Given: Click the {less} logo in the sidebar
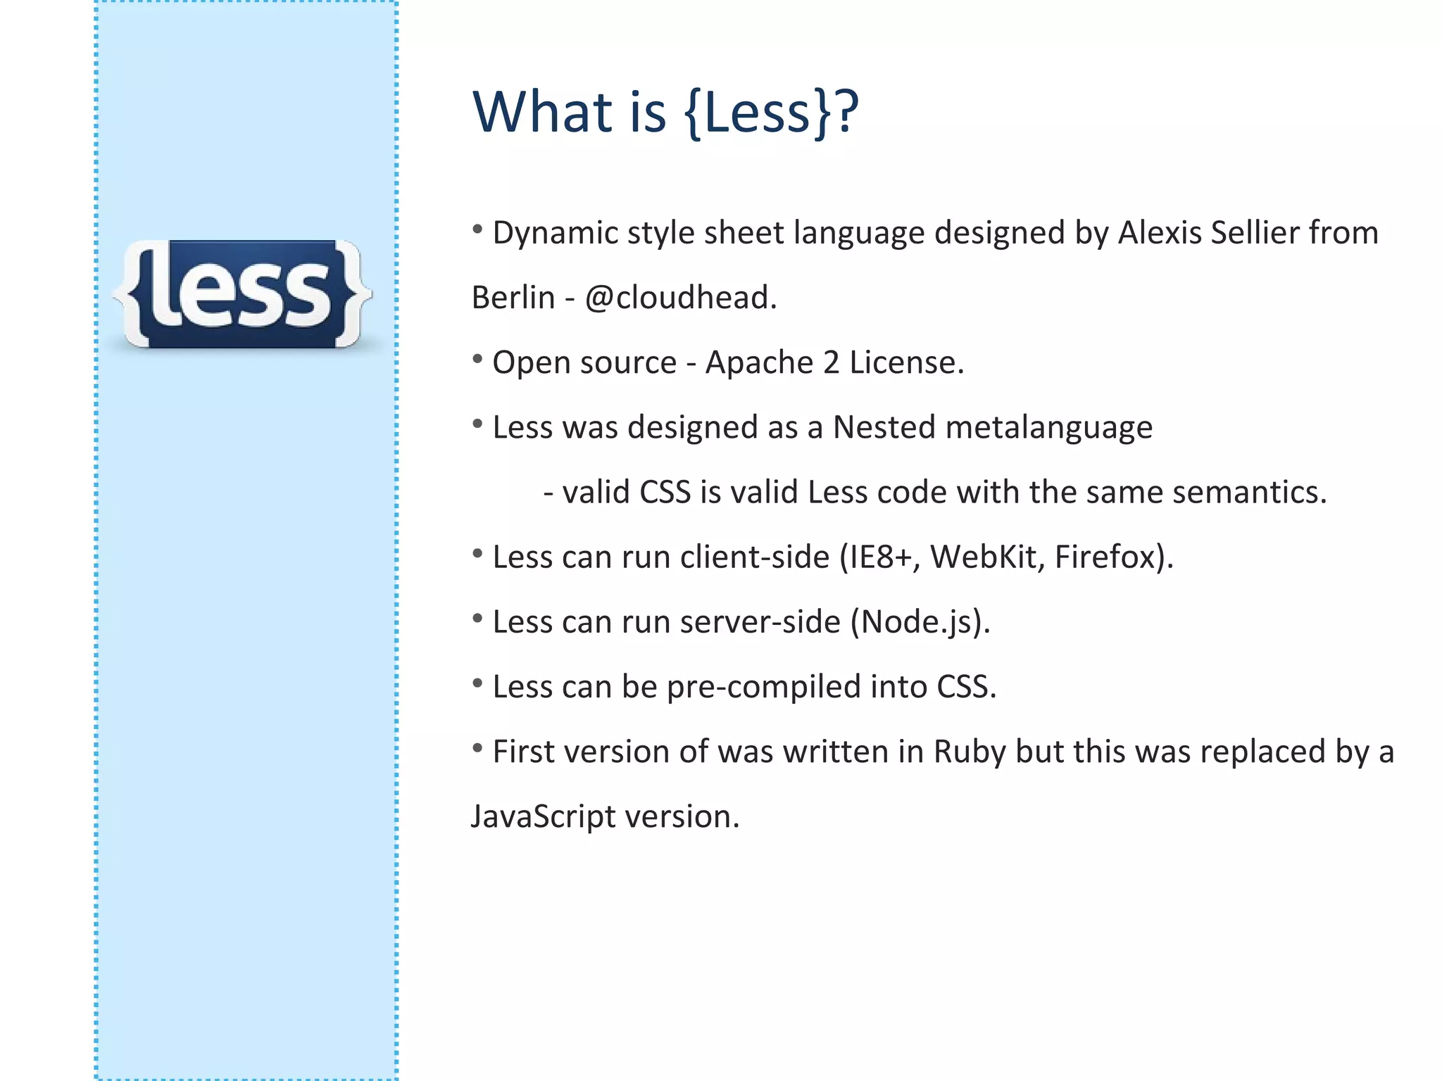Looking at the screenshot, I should pos(243,294).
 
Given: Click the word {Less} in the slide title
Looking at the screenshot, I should pos(759,113).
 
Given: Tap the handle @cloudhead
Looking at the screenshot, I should pos(679,298).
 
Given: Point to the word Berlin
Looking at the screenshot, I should pos(513,298).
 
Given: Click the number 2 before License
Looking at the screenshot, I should pos(831,363).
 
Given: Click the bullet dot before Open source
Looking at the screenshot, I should pos(477,359).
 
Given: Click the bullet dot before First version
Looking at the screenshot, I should pos(477,748).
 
